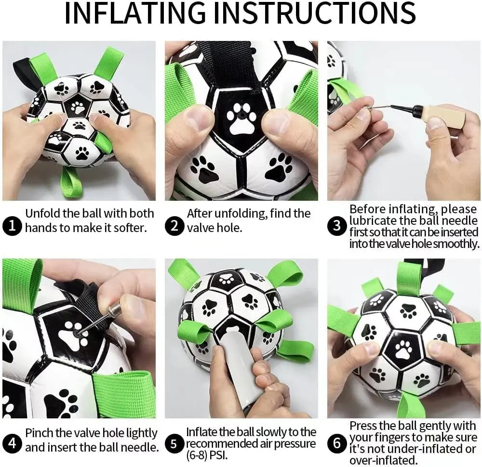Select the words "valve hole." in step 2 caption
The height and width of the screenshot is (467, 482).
pos(214,227)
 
